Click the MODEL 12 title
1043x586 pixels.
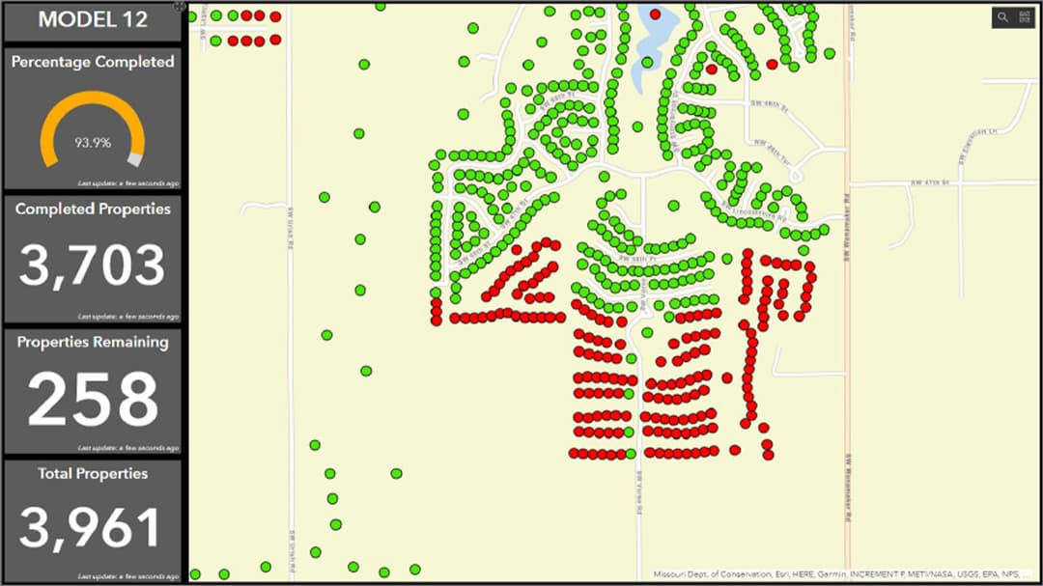[93, 20]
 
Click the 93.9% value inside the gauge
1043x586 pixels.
[93, 143]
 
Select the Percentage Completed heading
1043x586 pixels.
[93, 62]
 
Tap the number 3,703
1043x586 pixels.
[93, 265]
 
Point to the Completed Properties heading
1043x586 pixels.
[93, 209]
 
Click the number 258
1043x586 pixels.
[93, 399]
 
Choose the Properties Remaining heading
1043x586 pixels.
[93, 342]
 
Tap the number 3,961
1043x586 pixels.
[93, 528]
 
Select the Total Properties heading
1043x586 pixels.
[93, 474]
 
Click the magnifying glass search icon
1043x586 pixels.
[1002, 17]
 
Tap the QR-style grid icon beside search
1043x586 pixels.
[1024, 17]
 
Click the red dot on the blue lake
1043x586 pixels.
[655, 14]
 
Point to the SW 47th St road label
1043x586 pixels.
[931, 181]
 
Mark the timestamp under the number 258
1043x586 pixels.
[128, 449]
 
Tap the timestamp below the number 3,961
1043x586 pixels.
[128, 577]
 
